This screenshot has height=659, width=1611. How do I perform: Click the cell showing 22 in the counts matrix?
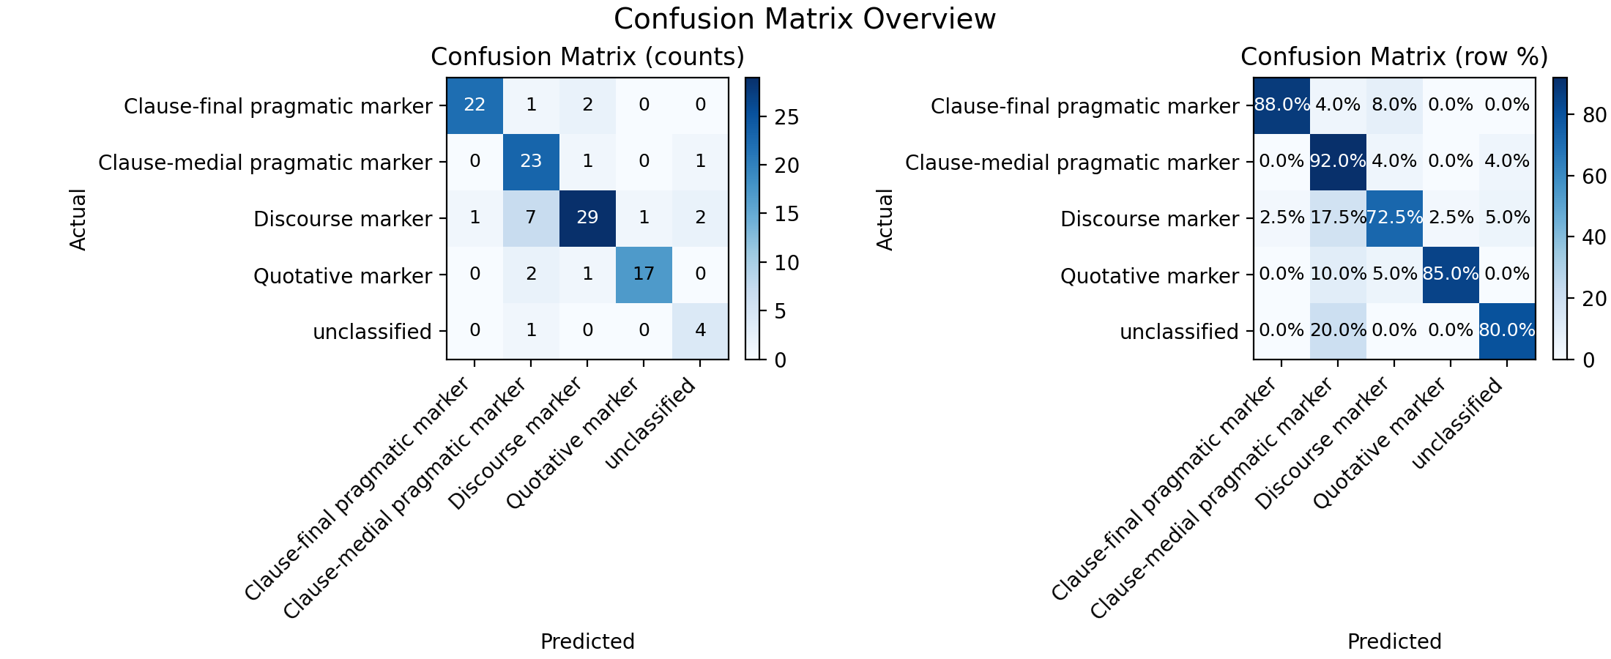(x=475, y=105)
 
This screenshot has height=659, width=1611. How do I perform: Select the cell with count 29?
(x=587, y=218)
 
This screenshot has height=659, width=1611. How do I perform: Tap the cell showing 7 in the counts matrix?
(x=531, y=218)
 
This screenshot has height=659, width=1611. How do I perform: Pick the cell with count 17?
(x=644, y=275)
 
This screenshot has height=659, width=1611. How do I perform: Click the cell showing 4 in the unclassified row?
(x=700, y=331)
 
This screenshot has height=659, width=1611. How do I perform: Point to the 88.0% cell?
(x=1281, y=105)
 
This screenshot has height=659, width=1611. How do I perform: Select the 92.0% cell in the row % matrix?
(x=1338, y=162)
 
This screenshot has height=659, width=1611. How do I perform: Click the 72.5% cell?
(x=1394, y=218)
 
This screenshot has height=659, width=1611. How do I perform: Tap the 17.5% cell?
(x=1338, y=218)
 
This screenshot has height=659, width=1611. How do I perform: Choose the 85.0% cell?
(x=1451, y=275)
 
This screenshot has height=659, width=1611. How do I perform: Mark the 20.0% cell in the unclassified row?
(x=1338, y=331)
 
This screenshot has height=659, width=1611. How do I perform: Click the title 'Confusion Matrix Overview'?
(x=805, y=19)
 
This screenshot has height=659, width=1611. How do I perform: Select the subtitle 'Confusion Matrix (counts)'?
(x=587, y=57)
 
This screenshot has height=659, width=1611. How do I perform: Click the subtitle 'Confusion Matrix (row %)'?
(x=1394, y=57)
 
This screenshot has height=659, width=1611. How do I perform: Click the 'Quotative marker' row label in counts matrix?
(x=343, y=276)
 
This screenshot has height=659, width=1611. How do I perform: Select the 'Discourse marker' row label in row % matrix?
(x=1150, y=219)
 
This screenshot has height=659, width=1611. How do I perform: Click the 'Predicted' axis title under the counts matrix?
(x=587, y=641)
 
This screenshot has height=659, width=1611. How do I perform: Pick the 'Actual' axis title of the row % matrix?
(x=885, y=219)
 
